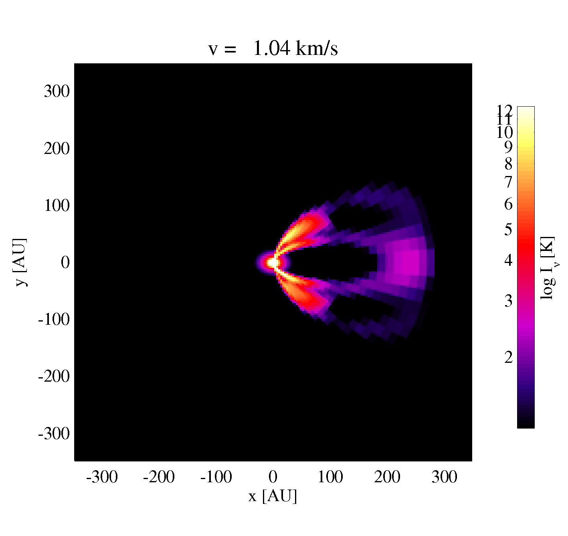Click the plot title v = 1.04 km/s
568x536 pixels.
pyautogui.click(x=273, y=48)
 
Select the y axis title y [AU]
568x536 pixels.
pyautogui.click(x=21, y=262)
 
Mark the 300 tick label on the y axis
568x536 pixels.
pyautogui.click(x=57, y=91)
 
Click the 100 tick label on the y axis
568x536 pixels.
pyautogui.click(x=57, y=206)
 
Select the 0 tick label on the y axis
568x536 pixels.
pyautogui.click(x=65, y=263)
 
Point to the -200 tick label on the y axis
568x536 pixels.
pyautogui.click(x=54, y=376)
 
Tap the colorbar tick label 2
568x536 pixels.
pyautogui.click(x=508, y=357)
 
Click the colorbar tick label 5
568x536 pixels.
pyautogui.click(x=508, y=229)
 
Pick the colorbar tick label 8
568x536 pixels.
pyautogui.click(x=508, y=164)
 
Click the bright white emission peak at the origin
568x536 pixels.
pyautogui.click(x=273, y=262)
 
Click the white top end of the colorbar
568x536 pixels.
pyautogui.click(x=526, y=109)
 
